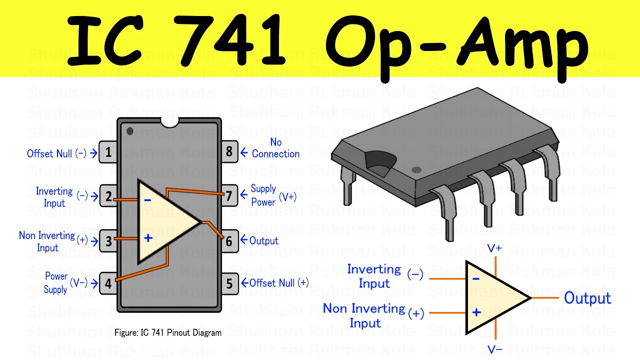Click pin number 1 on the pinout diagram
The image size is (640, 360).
[108, 152]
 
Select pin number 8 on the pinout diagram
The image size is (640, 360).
[229, 151]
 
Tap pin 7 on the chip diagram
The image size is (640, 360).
[229, 195]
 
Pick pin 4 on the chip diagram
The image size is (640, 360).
[108, 283]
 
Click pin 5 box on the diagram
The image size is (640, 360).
[229, 283]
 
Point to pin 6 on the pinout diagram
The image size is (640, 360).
[229, 241]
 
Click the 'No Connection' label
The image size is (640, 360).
[275, 148]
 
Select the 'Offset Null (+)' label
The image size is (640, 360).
[279, 283]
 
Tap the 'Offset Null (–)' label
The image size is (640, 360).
[56, 153]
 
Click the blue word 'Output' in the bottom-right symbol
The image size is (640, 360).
[587, 298]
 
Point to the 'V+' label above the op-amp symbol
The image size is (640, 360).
[494, 248]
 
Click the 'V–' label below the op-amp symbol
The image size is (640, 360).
[494, 349]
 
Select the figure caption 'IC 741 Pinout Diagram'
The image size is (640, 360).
[168, 332]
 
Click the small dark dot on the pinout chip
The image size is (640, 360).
[130, 131]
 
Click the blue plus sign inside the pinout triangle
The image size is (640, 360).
[148, 238]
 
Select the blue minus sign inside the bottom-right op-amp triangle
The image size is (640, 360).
[476, 278]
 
